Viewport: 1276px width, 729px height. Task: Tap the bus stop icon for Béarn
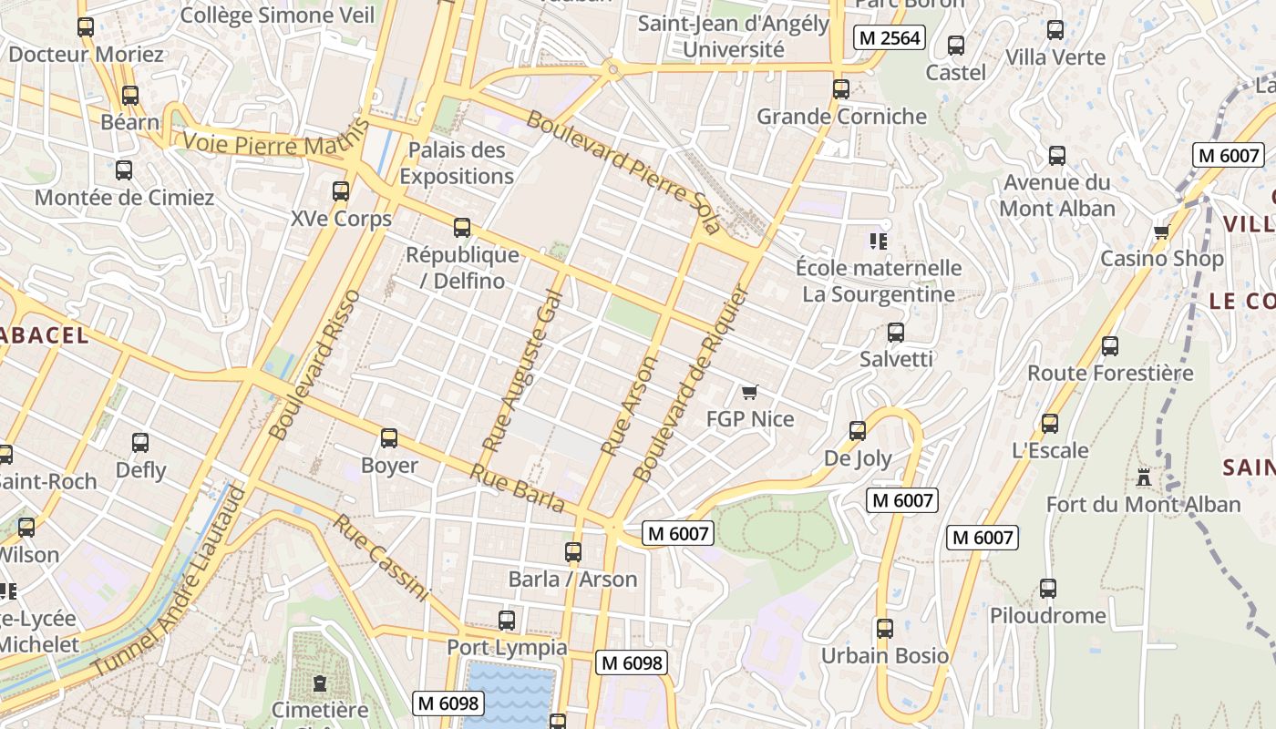[130, 96]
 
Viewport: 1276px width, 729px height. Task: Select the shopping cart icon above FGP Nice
[750, 392]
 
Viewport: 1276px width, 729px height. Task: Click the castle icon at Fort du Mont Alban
[1143, 477]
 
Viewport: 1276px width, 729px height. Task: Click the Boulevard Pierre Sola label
[623, 172]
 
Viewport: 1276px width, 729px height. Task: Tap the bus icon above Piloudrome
[1048, 589]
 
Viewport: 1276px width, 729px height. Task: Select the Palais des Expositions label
[457, 163]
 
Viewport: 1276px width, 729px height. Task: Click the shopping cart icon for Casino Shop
[1161, 231]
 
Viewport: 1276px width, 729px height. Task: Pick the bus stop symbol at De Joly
[858, 431]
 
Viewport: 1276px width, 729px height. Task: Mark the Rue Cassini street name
[380, 558]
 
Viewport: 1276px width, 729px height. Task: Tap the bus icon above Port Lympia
[507, 621]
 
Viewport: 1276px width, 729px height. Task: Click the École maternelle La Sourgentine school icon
[879, 241]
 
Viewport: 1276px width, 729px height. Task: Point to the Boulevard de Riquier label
[690, 385]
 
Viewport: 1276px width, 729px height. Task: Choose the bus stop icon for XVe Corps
[341, 191]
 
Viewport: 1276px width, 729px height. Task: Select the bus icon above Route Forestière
[1110, 346]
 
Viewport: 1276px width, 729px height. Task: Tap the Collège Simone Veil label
[277, 15]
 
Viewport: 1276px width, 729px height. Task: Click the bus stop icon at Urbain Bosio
[884, 628]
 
